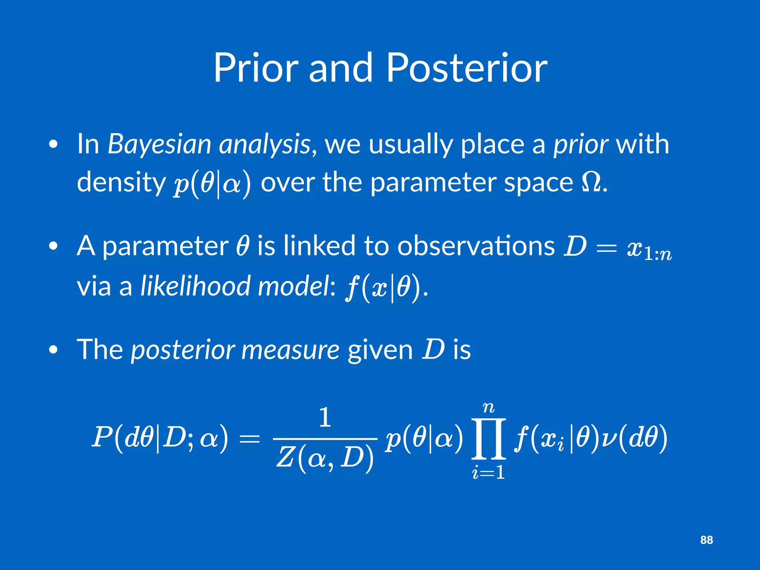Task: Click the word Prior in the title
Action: tap(256, 68)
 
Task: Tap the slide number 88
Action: tap(706, 540)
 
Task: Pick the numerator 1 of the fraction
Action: tap(325, 417)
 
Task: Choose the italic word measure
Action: tap(290, 350)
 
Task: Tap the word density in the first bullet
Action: tap(121, 182)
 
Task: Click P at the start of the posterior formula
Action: tap(101, 437)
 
